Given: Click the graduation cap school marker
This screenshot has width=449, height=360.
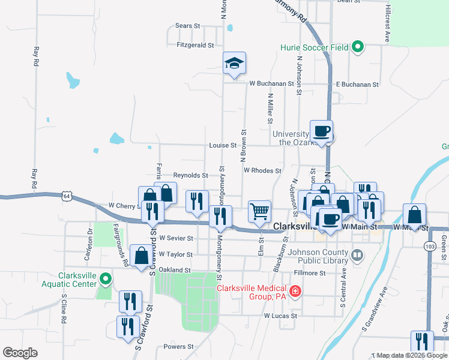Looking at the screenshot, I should (235, 63).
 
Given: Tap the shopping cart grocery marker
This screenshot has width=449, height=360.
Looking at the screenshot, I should (259, 211).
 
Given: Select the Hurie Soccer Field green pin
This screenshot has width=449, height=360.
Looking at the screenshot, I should (358, 47).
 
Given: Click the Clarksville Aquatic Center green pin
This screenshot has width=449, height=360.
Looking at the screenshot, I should (105, 279).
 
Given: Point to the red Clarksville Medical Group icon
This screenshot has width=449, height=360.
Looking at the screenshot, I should (295, 292).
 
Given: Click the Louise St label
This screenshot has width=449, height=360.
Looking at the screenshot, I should (223, 145).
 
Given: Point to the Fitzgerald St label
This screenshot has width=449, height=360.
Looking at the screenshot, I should (195, 45).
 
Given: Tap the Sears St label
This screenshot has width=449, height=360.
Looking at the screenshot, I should (187, 26).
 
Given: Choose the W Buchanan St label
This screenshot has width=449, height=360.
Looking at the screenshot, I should (271, 84).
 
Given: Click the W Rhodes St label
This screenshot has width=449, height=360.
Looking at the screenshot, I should (262, 170).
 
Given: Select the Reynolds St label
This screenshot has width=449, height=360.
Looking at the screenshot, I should (190, 175).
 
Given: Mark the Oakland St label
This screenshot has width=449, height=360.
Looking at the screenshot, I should (175, 270).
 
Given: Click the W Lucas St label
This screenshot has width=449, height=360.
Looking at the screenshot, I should (280, 315).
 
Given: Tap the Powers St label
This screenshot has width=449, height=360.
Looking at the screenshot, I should (178, 347).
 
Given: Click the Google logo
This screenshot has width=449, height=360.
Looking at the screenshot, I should (20, 353).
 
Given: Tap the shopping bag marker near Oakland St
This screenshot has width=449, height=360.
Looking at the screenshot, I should (140, 256).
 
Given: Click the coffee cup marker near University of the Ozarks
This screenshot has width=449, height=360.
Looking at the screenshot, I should (321, 131).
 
